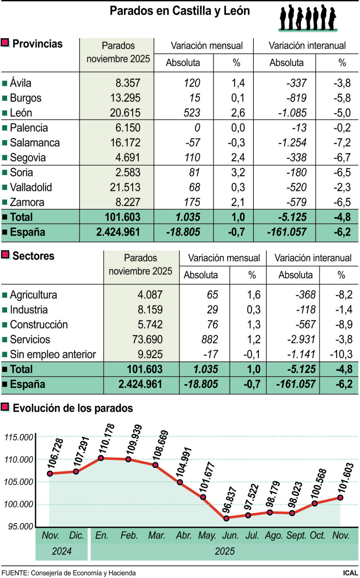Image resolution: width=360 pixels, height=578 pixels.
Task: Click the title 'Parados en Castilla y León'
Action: tap(180, 11)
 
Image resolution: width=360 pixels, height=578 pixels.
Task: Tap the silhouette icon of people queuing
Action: tap(307, 18)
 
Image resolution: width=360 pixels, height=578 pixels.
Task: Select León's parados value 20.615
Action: tap(125, 113)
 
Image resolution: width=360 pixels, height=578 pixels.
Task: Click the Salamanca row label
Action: tap(35, 143)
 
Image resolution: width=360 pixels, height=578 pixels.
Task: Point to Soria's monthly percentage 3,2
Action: tap(238, 172)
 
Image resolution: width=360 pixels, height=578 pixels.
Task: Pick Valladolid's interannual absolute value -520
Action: tap(296, 187)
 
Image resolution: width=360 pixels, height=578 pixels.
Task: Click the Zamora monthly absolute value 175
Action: tap(192, 202)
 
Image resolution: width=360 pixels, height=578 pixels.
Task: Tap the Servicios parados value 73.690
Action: tap(147, 339)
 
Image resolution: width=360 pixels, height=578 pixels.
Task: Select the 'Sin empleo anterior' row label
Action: tap(53, 354)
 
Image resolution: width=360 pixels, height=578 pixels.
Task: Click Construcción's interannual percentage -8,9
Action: tap(343, 324)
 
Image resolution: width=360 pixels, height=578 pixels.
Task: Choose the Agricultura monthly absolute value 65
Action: tap(212, 295)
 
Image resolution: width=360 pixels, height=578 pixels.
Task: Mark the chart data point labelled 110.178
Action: tap(101, 458)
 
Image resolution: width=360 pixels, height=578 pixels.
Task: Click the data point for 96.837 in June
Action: tap(227, 518)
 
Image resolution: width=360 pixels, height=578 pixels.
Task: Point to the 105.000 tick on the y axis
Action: tap(19, 482)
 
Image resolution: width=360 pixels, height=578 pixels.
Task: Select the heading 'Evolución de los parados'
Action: tap(73, 408)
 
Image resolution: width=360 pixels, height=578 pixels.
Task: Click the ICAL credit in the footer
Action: tap(350, 573)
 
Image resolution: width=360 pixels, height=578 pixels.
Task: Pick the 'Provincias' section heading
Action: tap(37, 44)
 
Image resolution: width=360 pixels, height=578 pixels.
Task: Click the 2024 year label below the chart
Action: tap(62, 551)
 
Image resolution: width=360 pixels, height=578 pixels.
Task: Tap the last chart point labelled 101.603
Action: tap(340, 497)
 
